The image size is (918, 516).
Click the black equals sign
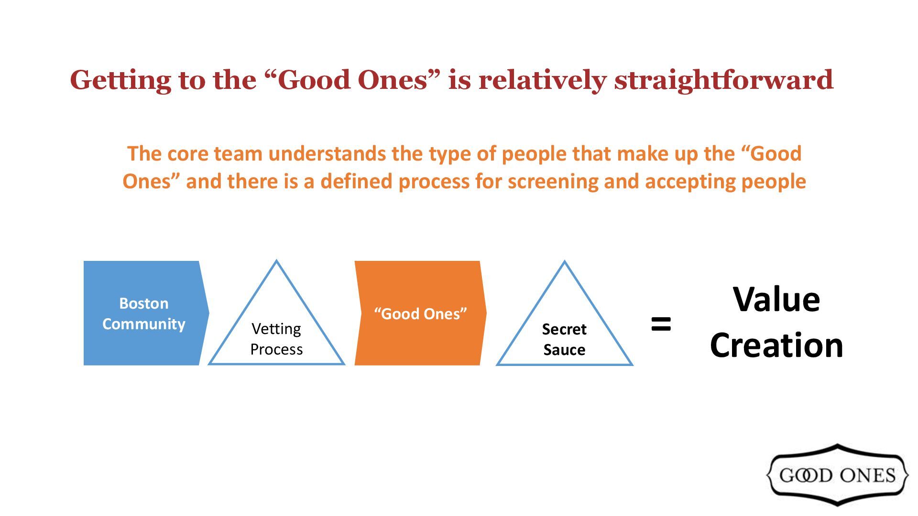(x=661, y=324)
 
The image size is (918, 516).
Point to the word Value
(x=776, y=300)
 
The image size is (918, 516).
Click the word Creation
(x=776, y=345)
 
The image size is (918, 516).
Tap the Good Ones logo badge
(x=837, y=475)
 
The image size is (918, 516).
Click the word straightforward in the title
(x=724, y=80)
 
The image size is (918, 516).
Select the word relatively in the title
(x=543, y=80)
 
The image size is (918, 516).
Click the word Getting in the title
(x=120, y=80)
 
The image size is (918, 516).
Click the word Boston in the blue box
(x=143, y=303)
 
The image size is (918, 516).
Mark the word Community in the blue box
(x=143, y=324)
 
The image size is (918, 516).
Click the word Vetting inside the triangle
(x=276, y=329)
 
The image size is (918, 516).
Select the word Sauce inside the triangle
(x=564, y=350)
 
